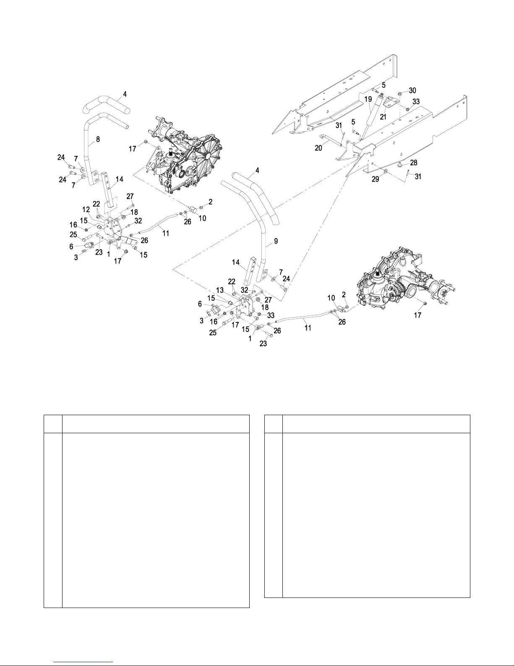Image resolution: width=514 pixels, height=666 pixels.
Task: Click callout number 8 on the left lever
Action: point(98,139)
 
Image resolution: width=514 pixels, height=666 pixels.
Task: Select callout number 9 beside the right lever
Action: point(276,241)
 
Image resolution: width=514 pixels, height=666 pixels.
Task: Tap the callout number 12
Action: point(86,210)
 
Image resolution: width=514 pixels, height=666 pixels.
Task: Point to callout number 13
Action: point(220,290)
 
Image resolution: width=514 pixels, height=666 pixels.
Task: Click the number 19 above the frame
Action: point(368,99)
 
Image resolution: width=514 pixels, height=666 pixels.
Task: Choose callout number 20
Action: point(318,148)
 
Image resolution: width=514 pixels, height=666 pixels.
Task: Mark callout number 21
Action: point(383,117)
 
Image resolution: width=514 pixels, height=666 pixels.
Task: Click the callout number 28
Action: point(414,163)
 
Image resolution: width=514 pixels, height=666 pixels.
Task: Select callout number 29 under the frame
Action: point(376,179)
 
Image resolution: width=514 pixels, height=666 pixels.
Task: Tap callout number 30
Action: point(412,90)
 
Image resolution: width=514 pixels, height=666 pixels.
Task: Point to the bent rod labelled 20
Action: point(331,140)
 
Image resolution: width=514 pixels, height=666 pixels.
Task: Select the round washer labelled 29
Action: point(385,170)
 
